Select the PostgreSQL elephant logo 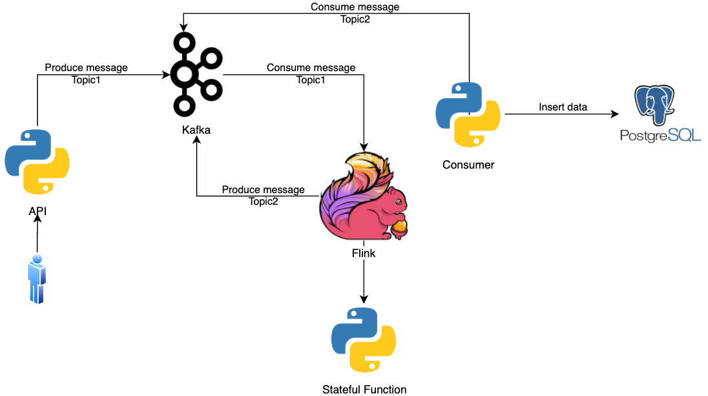(x=658, y=103)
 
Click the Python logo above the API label (x=37, y=162)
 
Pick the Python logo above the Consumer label (x=468, y=114)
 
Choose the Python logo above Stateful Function (x=364, y=340)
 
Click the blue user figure (x=37, y=279)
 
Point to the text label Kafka (x=196, y=130)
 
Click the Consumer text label (x=468, y=165)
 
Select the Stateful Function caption (x=364, y=389)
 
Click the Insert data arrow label (x=563, y=107)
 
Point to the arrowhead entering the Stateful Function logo (x=364, y=299)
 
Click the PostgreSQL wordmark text (x=660, y=136)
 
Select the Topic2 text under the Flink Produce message (x=263, y=201)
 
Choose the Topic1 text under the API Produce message (x=86, y=79)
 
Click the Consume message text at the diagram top (x=355, y=7)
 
